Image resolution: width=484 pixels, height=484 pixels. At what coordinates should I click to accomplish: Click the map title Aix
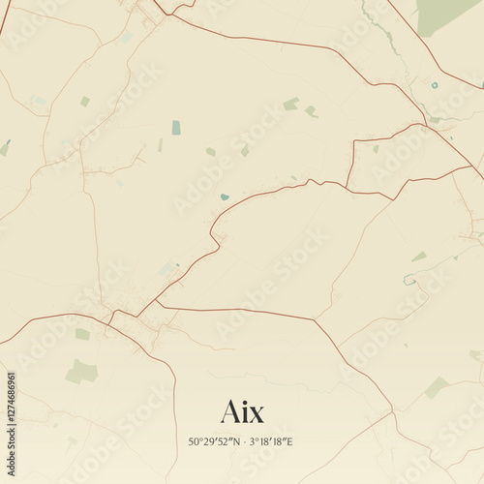[x=242, y=411]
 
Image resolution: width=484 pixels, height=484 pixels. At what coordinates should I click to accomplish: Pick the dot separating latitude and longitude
[x=245, y=442]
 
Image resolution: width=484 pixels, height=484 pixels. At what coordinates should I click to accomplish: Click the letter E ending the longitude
[x=289, y=442]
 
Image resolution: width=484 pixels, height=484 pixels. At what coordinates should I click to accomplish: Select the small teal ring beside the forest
[x=435, y=85]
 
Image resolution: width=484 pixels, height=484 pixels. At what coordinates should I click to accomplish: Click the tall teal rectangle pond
[x=176, y=127]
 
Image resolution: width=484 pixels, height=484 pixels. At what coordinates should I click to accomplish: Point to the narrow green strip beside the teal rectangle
[x=161, y=144]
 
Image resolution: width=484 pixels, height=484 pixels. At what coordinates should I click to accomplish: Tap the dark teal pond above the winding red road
[x=225, y=197]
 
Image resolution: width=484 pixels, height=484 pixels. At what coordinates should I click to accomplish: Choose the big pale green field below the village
[x=82, y=371]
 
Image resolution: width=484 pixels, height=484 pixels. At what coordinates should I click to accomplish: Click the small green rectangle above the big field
[x=82, y=334]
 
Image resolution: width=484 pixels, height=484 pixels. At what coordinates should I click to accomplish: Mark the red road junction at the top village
[x=155, y=12]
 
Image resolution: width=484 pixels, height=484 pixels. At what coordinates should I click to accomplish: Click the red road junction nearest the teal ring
[x=426, y=124]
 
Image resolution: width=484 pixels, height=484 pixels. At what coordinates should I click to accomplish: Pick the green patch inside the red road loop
[x=376, y=148]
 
